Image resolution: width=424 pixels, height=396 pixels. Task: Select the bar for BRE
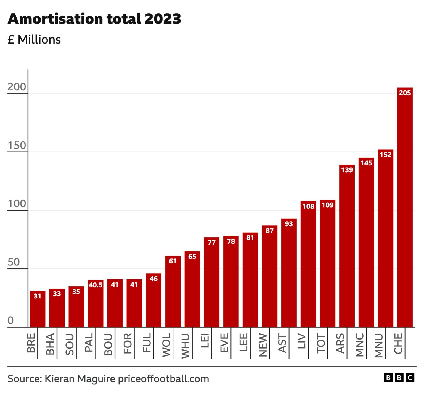[x=38, y=310]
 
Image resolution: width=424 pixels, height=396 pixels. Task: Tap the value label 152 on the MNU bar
[x=385, y=155]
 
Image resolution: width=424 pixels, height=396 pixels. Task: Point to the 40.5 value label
[x=96, y=285]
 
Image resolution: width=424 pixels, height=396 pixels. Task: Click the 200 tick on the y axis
[x=17, y=87]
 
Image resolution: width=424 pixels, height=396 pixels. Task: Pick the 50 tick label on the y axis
[x=14, y=262]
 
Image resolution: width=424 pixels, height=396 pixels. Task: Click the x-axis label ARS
[x=340, y=343]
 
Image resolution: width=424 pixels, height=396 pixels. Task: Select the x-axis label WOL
[x=166, y=345]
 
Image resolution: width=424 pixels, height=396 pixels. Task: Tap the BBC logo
[x=399, y=378]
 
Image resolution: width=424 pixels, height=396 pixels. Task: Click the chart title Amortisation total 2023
[x=94, y=19]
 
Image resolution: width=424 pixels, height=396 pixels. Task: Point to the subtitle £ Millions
[x=34, y=40]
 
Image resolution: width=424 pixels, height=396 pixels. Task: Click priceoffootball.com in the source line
[x=163, y=379]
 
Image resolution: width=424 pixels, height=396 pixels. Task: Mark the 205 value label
[x=405, y=93]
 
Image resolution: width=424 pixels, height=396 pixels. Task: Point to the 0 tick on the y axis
[x=10, y=320]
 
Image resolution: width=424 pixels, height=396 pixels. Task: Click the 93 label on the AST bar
[x=289, y=224]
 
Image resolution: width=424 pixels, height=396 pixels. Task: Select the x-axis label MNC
[x=359, y=345]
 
